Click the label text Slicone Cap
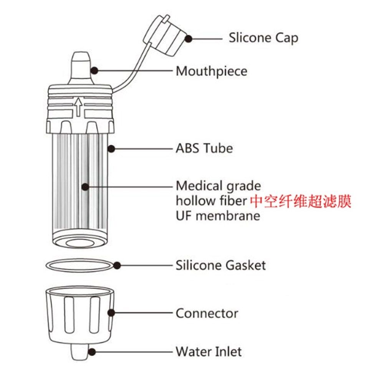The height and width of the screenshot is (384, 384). tap(263, 38)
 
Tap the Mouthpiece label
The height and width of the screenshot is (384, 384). tap(211, 71)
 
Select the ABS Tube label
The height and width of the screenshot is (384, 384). tap(204, 148)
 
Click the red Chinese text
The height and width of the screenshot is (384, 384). tap(301, 201)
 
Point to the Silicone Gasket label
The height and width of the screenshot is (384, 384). tap(220, 265)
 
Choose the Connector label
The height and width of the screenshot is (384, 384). tap(207, 313)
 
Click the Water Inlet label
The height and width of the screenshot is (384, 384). tap(209, 351)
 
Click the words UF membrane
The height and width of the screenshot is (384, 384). tap(218, 215)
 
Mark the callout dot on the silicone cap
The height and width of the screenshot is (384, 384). tap(188, 38)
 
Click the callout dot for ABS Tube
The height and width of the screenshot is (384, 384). tap(111, 148)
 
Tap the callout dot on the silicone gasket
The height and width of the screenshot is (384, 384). tap(117, 265)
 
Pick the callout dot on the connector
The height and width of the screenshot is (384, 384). tap(112, 313)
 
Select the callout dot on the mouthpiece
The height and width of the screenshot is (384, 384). tap(94, 71)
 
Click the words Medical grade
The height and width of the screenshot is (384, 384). tap(218, 186)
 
